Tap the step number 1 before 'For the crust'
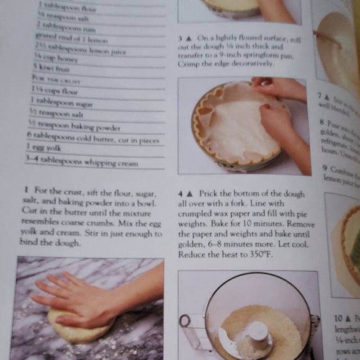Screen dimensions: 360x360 pyautogui.click(x=27, y=189)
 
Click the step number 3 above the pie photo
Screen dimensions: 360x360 pyautogui.click(x=181, y=38)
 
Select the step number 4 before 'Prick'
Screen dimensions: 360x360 pyautogui.click(x=181, y=194)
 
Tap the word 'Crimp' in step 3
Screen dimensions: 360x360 pyautogui.click(x=190, y=64)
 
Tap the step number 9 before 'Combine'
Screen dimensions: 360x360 pyautogui.click(x=324, y=168)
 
